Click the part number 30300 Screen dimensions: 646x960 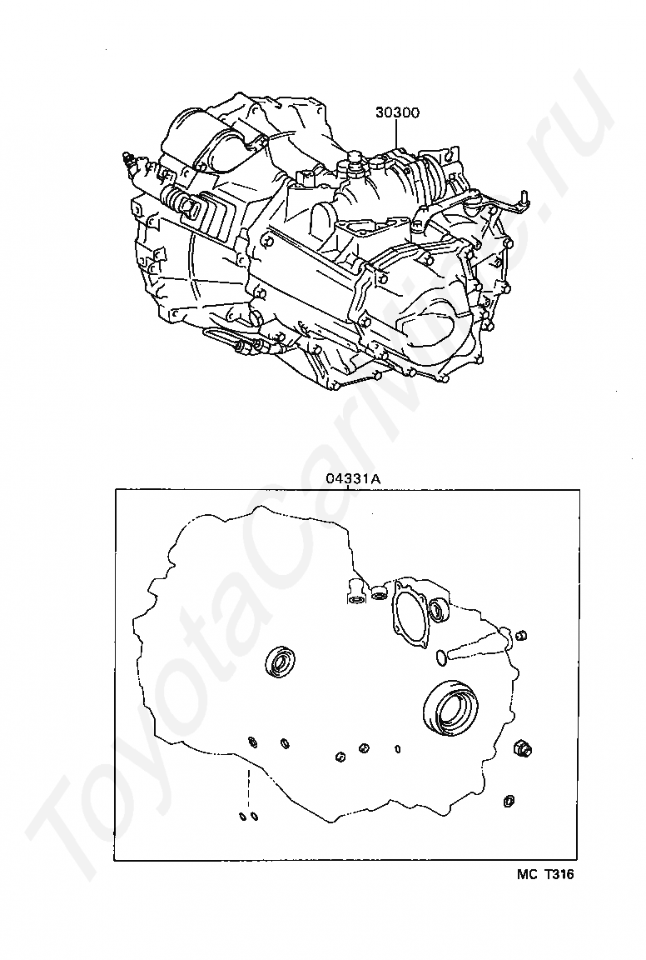[x=398, y=112]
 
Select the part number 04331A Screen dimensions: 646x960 [x=353, y=479]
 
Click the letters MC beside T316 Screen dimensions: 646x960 [x=526, y=875]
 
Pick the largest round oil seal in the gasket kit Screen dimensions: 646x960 [x=450, y=708]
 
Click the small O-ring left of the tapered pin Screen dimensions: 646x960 [x=442, y=657]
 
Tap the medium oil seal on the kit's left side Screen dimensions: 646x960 [x=281, y=661]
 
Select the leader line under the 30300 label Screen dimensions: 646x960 [x=396, y=134]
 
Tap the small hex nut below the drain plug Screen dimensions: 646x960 [x=509, y=801]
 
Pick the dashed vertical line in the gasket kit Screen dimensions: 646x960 [x=248, y=787]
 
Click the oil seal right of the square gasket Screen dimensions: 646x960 [x=439, y=610]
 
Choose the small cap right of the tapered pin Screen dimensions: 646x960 [x=523, y=635]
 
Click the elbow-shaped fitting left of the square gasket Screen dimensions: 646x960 [x=355, y=590]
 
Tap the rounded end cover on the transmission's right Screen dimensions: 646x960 [x=435, y=322]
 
